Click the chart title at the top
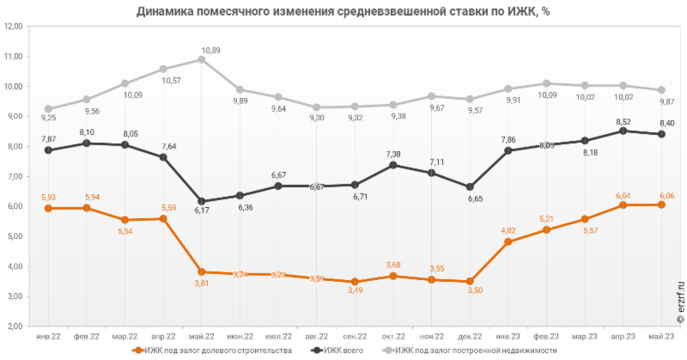[343, 10]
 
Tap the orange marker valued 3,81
[201, 272]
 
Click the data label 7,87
[49, 138]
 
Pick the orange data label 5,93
[49, 198]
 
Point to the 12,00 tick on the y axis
[14, 27]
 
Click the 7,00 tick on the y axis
[14, 176]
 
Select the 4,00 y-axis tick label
[14, 266]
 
